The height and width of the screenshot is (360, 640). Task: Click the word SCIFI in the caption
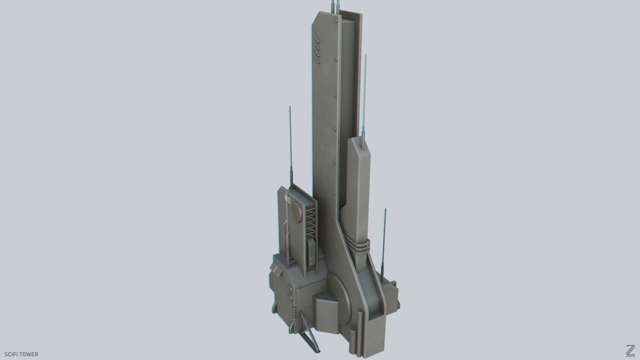pyautogui.click(x=12, y=354)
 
